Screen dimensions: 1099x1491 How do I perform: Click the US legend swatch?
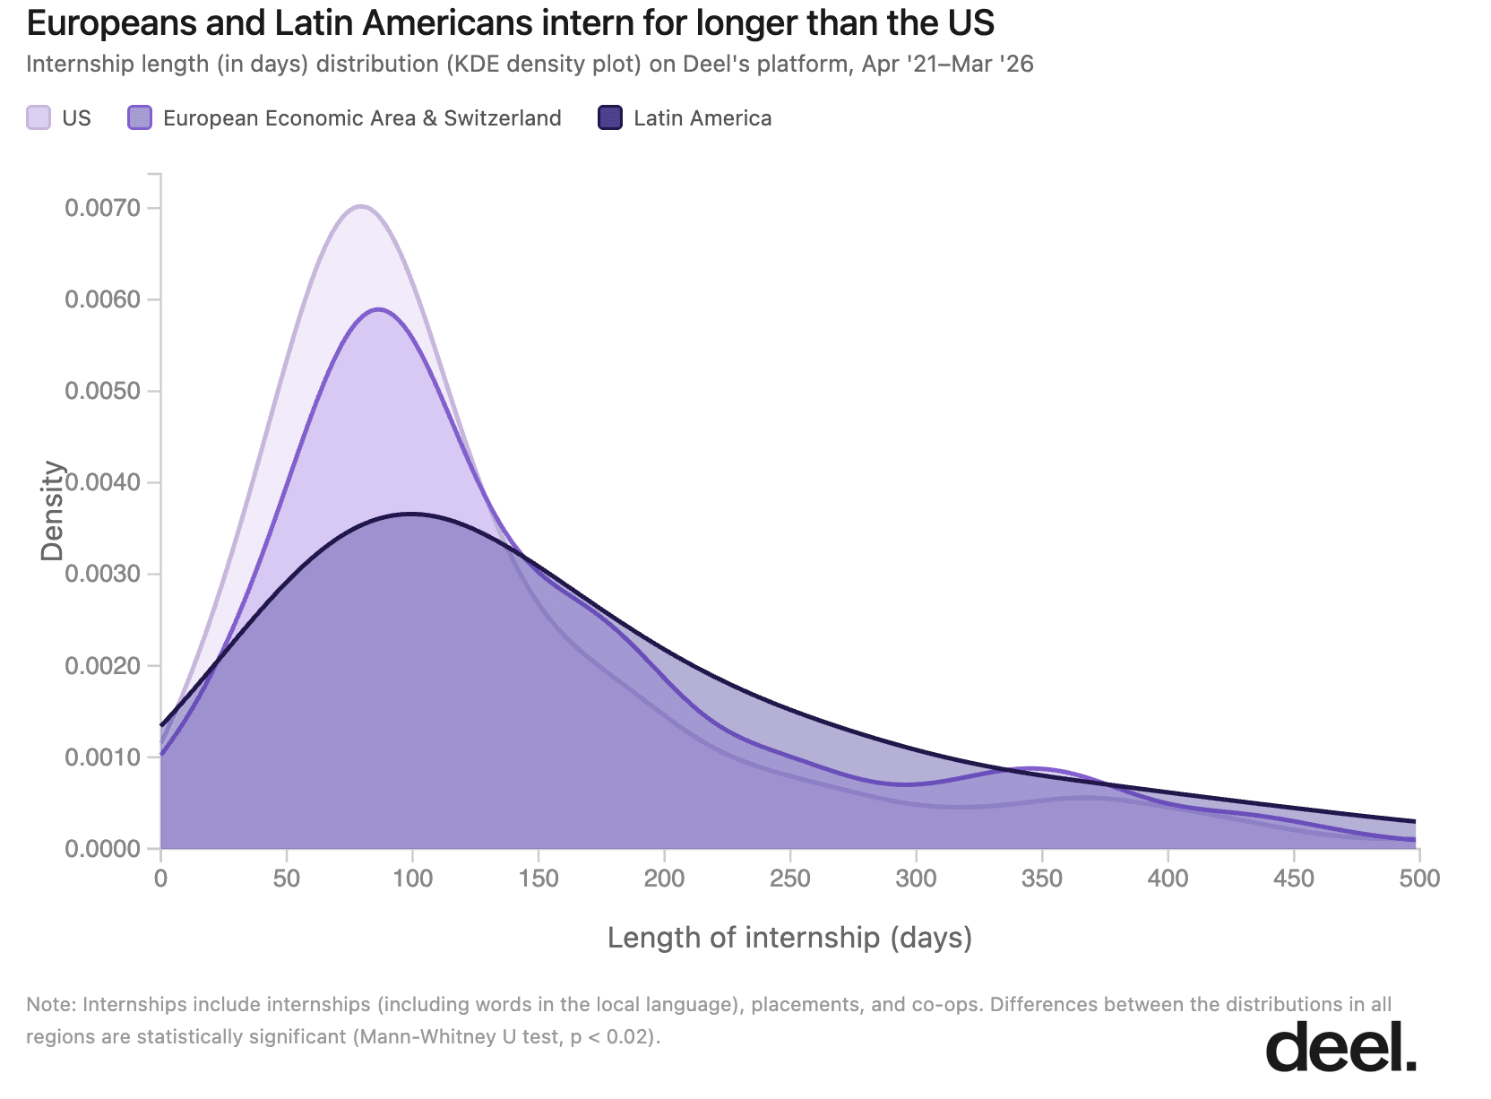pos(39,117)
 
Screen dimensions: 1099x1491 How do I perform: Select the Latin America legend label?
pos(702,118)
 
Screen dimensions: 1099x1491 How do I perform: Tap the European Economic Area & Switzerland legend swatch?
pos(140,117)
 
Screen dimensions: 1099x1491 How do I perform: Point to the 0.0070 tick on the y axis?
pos(102,208)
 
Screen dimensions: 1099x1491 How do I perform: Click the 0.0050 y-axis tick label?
pos(102,391)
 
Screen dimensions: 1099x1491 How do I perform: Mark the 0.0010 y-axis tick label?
pos(102,757)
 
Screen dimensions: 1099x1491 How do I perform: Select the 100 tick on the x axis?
pos(412,878)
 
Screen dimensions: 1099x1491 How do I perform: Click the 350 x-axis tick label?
pos(1041,878)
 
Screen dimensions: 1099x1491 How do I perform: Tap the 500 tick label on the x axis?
pos(1418,878)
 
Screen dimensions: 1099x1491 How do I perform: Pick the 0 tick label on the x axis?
pos(161,878)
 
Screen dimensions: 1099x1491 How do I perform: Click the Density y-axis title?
pos(52,511)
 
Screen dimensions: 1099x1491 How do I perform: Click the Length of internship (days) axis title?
pos(789,938)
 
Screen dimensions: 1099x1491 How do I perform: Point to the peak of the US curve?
pos(360,206)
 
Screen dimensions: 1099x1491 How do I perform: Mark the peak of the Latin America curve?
pos(411,514)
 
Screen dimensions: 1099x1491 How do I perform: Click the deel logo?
pos(1340,1045)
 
